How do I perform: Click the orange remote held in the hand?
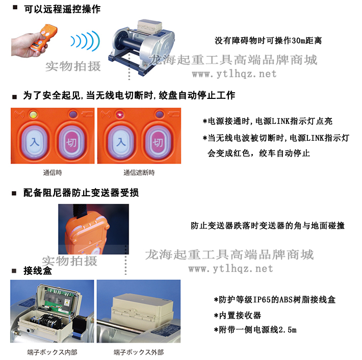pos(43,37)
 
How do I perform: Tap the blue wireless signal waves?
pos(85,41)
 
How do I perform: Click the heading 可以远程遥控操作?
pos(62,9)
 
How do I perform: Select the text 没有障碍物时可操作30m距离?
pos(268,41)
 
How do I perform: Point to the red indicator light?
pos(120,114)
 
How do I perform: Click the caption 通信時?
pos(53,172)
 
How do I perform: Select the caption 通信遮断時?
pos(139,172)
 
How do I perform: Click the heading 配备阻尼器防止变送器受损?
pos(81,193)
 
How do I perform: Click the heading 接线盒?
pos(38,270)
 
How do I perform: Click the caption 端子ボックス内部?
pos(52,352)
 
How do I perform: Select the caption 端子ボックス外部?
pos(139,352)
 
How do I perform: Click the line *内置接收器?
pos(238,315)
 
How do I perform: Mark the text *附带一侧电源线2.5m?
pos(255,330)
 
